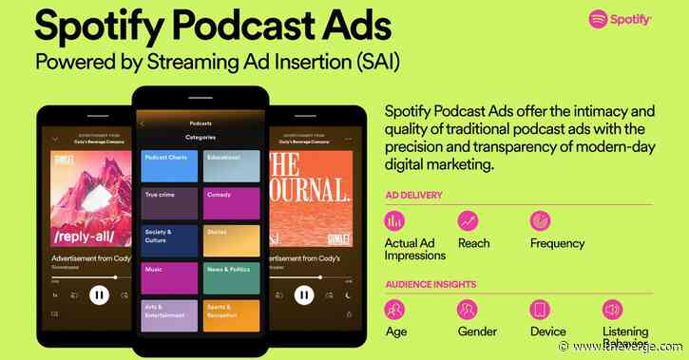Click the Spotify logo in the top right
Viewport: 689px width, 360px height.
coord(622,19)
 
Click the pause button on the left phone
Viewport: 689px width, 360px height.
coord(99,295)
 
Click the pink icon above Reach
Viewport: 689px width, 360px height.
coord(468,221)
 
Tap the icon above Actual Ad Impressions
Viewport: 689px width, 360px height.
coord(394,221)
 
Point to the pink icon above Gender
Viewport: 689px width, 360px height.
coord(468,310)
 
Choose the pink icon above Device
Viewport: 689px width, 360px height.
coord(540,310)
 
